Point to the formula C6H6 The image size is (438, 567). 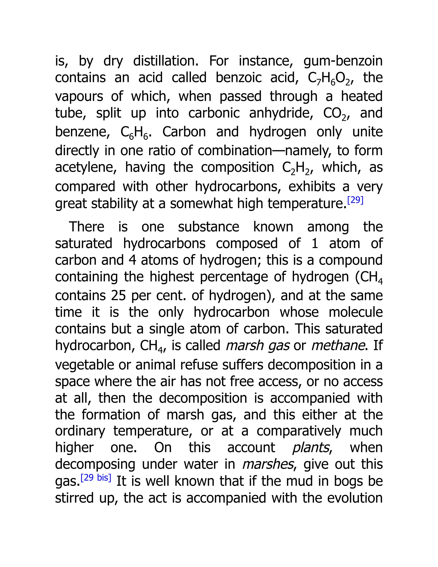[134, 133]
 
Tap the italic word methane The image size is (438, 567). [338, 346]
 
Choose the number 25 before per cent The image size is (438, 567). [118, 295]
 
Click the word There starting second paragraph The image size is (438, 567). [86, 227]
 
